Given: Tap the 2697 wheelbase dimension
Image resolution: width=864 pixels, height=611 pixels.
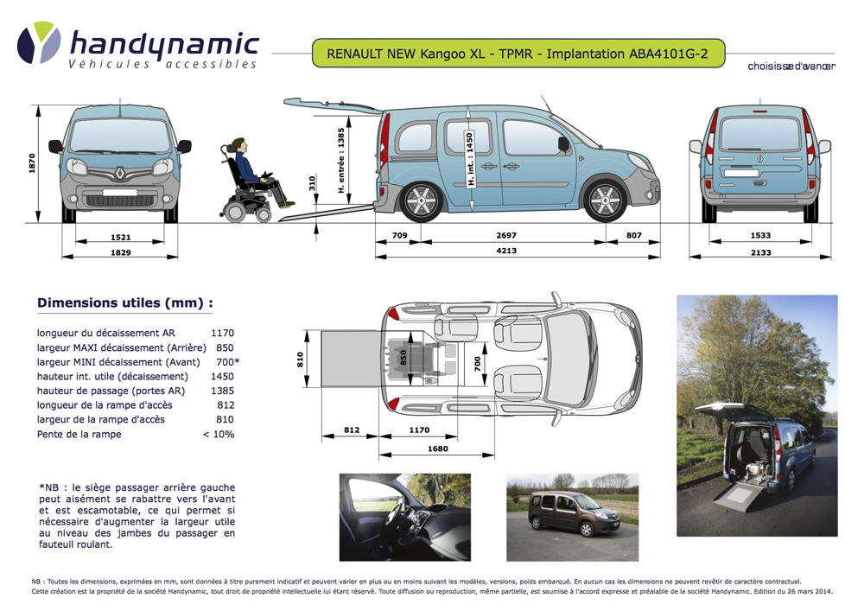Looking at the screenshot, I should [x=507, y=235].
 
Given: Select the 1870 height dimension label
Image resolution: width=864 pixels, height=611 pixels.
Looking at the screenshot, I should [x=32, y=163].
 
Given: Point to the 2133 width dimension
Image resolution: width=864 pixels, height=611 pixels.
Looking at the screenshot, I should [x=760, y=251].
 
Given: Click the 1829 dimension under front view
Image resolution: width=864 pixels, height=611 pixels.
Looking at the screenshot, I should [x=121, y=251].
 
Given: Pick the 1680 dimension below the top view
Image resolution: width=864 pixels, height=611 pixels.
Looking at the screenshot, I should [x=437, y=449].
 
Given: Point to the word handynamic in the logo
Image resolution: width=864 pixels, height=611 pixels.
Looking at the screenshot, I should [x=163, y=43].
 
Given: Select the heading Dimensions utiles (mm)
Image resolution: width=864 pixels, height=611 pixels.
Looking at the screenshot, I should [x=124, y=303].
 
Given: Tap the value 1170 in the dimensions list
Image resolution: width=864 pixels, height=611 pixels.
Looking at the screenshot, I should [x=222, y=333].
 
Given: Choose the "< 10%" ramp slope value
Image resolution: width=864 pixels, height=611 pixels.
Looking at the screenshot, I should [x=219, y=434].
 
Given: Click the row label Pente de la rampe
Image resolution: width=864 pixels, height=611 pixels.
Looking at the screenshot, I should [x=79, y=434].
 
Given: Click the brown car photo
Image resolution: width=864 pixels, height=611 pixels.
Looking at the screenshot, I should [x=572, y=517].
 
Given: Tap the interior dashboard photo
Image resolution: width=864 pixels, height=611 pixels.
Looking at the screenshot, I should [x=404, y=517].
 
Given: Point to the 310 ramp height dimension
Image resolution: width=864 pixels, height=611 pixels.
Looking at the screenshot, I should [x=312, y=184].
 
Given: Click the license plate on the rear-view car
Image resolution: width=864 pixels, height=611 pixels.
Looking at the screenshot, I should [x=741, y=173].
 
